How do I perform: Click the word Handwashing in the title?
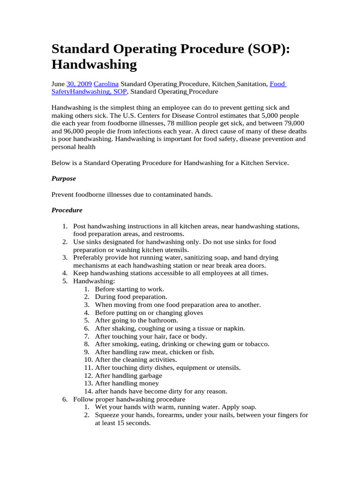click(94, 64)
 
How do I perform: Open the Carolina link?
click(106, 84)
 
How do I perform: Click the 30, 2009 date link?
click(79, 84)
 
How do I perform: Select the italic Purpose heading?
click(63, 179)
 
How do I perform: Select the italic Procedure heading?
click(67, 210)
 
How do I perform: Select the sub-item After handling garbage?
click(128, 375)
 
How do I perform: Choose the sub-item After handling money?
click(127, 383)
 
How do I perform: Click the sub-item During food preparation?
click(130, 297)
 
